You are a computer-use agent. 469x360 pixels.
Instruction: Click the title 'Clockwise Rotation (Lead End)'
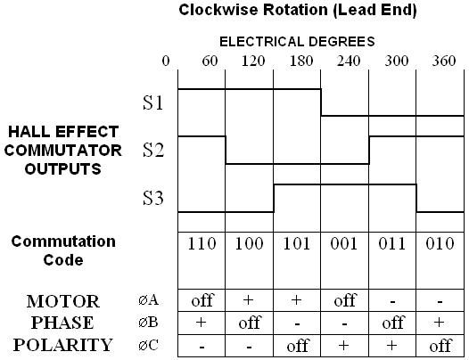(298, 10)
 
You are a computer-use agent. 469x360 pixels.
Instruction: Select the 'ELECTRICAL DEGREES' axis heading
(297, 42)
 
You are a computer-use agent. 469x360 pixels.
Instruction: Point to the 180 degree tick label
(301, 61)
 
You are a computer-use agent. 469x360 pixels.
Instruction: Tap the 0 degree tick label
(166, 61)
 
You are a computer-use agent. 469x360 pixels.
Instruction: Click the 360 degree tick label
(444, 61)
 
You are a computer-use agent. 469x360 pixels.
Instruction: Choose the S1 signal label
(152, 102)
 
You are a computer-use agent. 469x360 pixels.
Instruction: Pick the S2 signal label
(153, 150)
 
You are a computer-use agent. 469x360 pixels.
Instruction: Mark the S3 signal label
(153, 198)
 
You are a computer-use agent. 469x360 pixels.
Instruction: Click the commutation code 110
(202, 243)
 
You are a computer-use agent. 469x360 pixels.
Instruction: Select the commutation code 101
(296, 243)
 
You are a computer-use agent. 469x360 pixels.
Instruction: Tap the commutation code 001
(344, 243)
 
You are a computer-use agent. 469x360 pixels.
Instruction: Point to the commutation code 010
(440, 243)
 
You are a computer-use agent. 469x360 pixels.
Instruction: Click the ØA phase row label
(148, 300)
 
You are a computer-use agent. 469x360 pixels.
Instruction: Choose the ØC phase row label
(148, 346)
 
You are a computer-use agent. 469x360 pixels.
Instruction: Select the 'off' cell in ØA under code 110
(202, 300)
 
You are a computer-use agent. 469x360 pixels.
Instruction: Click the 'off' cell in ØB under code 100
(250, 323)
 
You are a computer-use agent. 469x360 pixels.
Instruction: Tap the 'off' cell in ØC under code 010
(440, 346)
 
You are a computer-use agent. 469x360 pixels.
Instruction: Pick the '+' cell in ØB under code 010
(439, 322)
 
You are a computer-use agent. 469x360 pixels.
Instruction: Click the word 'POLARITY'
(62, 345)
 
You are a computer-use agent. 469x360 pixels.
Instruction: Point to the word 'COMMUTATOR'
(62, 150)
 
